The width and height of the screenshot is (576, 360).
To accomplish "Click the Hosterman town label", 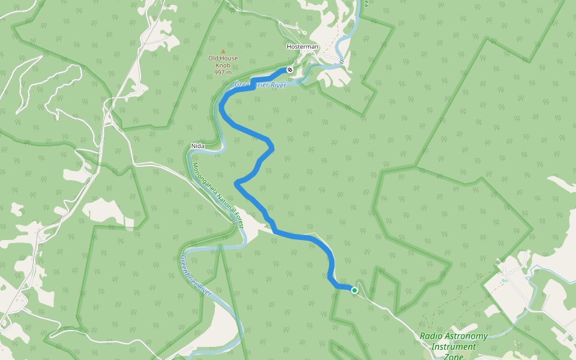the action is [302, 47].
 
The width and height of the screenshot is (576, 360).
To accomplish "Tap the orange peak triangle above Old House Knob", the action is [223, 52].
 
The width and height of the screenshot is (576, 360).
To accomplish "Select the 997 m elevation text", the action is [223, 73].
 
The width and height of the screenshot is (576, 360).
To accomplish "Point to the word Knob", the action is [223, 65].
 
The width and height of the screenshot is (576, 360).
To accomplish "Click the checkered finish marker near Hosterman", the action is [290, 70].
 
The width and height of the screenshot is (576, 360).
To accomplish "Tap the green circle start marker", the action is [354, 290].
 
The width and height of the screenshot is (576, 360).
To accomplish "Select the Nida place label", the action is [197, 146].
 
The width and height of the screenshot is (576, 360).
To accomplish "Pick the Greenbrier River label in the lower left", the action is [195, 276].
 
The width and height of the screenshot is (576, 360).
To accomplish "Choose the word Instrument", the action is [454, 347].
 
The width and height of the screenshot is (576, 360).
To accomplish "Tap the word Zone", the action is [454, 356].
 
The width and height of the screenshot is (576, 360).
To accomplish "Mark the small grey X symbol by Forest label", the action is [233, 223].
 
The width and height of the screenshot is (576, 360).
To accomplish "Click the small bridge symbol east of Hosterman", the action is [340, 61].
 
